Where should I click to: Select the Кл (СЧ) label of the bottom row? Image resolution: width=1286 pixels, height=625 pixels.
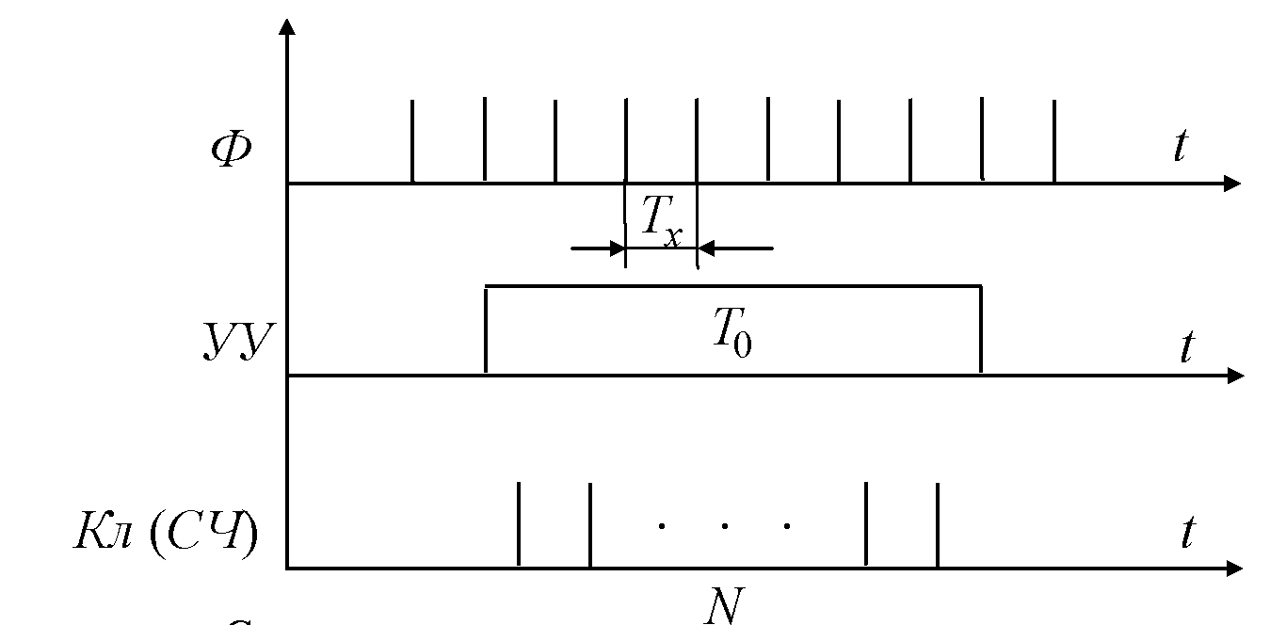pos(166,534)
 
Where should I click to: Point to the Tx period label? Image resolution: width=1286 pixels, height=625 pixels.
pos(662,222)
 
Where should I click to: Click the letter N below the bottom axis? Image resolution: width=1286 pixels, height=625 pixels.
pos(723,606)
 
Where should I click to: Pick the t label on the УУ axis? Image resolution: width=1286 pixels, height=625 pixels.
pos(1186,347)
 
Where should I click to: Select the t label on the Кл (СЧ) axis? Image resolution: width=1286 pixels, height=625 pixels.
pos(1187,534)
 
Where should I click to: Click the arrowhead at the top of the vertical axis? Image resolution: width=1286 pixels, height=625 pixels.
pos(287,25)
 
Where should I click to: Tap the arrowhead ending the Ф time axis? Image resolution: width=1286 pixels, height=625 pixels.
pos(1232,184)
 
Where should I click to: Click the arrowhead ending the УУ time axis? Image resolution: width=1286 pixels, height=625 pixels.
pos(1234,376)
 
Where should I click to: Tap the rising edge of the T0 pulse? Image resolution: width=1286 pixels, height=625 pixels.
pos(485,329)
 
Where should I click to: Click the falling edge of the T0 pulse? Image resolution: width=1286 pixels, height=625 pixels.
pos(981,329)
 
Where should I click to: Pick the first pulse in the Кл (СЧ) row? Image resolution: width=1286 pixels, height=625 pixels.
pos(519,524)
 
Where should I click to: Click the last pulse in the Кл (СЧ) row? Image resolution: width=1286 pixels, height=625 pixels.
pos(937,524)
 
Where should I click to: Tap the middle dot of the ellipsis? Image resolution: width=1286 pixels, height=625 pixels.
pos(724,525)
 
